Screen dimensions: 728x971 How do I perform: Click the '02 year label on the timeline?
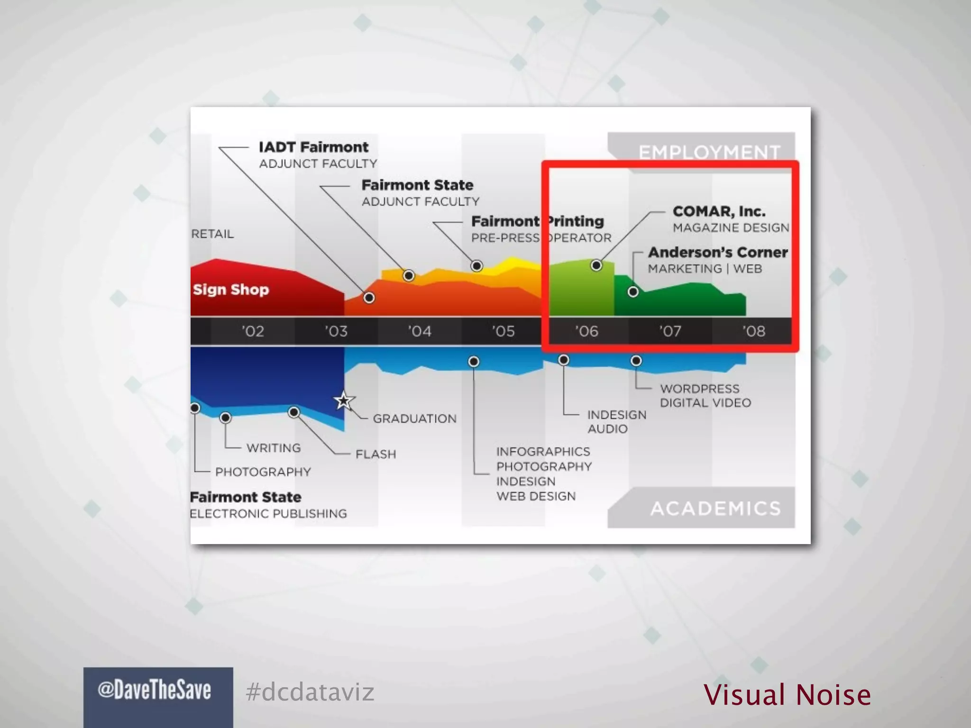tap(253, 331)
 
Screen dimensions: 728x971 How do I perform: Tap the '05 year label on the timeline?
tap(503, 331)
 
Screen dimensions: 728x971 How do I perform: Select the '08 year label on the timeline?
tap(753, 331)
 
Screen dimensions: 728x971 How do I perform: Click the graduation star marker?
tap(343, 401)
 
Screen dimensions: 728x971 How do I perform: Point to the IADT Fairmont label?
tap(313, 147)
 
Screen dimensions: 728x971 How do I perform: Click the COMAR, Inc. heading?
tap(719, 211)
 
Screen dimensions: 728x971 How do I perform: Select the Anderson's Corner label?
tap(718, 252)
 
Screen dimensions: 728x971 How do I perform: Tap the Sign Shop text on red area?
tap(231, 289)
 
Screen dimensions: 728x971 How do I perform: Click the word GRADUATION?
tap(414, 419)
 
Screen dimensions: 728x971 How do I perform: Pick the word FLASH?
tap(376, 454)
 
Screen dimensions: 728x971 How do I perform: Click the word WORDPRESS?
tap(699, 389)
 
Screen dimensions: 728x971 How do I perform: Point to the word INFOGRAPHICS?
tap(543, 451)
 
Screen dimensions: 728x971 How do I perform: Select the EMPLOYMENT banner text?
tap(709, 152)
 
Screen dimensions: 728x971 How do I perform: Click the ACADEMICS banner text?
tap(715, 509)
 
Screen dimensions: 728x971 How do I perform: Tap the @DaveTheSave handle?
tap(154, 690)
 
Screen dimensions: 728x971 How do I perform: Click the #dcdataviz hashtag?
tap(310, 692)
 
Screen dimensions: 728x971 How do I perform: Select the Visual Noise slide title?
tap(787, 695)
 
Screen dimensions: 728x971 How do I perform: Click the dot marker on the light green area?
tap(596, 265)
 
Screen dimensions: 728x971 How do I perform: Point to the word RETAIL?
tap(212, 234)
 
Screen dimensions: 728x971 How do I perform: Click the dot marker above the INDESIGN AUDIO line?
tap(563, 360)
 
